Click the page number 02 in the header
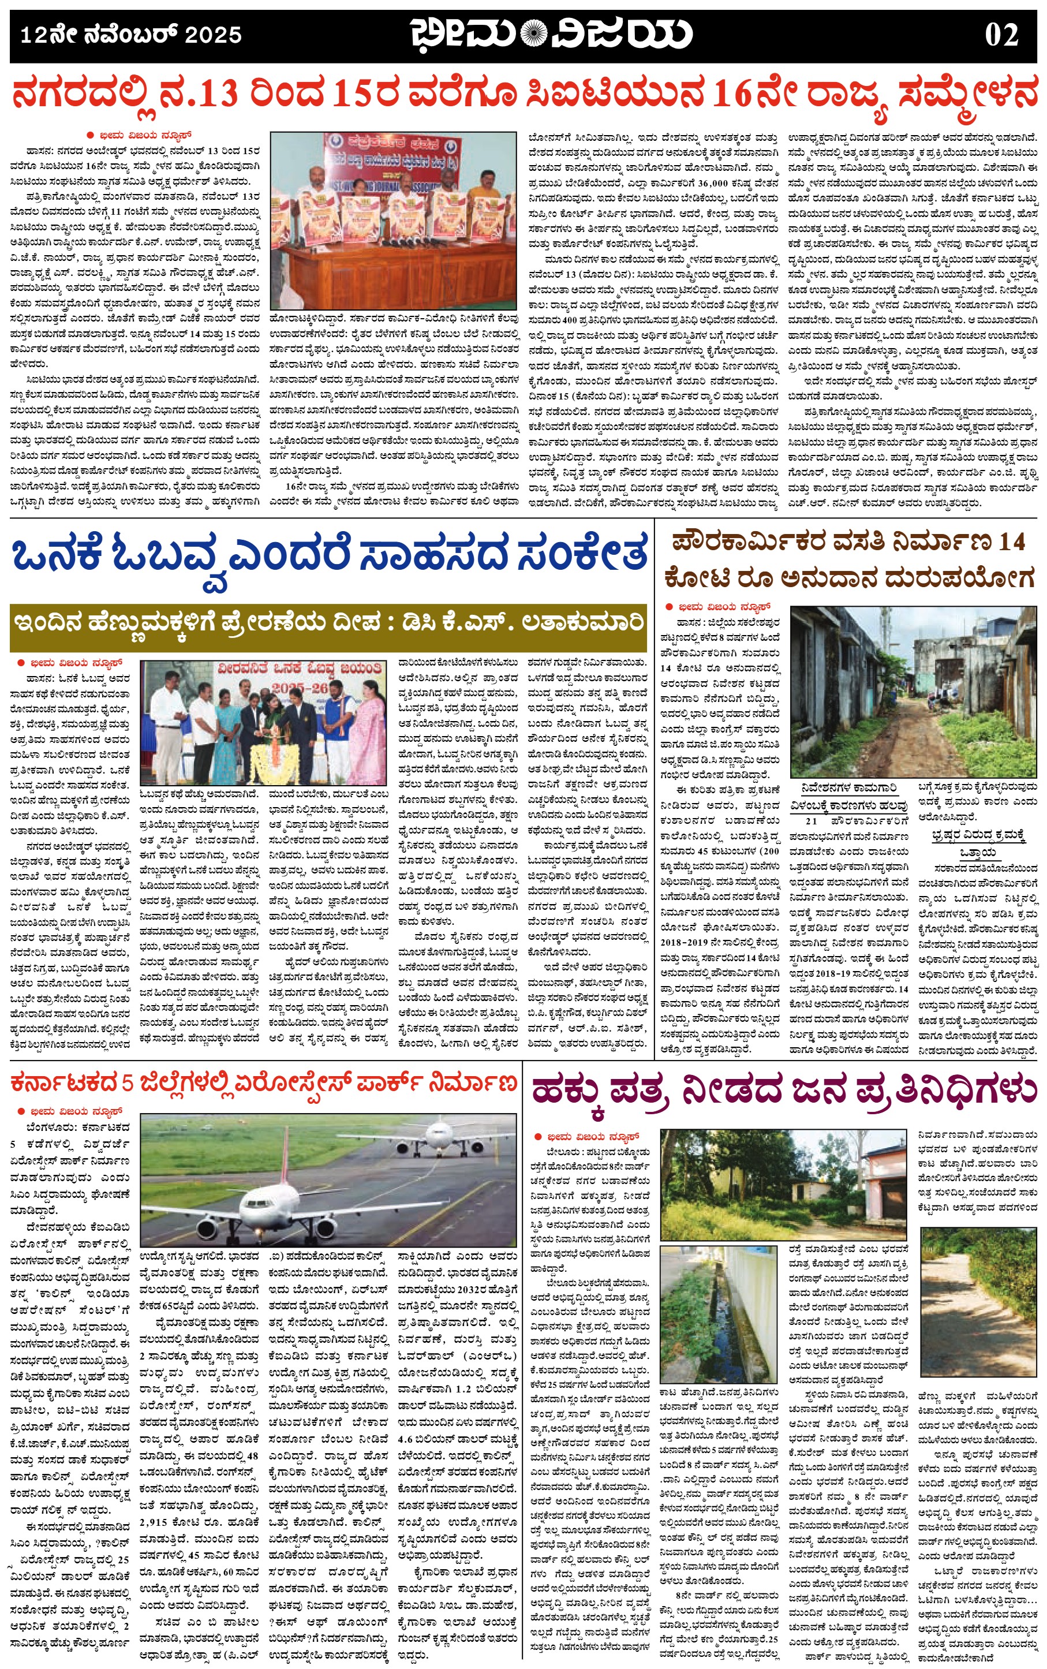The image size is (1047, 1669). click(x=1001, y=35)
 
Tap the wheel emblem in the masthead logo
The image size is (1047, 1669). click(x=533, y=33)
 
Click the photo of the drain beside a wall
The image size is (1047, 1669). click(x=721, y=1313)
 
